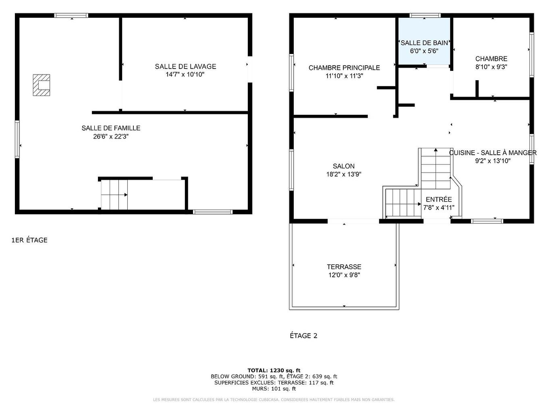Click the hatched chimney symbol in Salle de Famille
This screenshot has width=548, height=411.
pos(42,85)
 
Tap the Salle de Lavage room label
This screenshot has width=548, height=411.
pos(185,66)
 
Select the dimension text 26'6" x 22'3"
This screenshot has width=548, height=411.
pos(111,137)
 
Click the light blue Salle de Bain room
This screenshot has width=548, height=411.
pos(424,40)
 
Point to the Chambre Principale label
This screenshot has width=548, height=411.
pos(344,68)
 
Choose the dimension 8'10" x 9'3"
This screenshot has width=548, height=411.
pos(491,67)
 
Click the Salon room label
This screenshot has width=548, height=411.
pos(344,166)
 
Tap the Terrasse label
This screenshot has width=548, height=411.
pos(344,267)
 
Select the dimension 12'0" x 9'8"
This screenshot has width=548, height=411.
pos(344,275)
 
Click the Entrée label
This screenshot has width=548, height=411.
pos(439,199)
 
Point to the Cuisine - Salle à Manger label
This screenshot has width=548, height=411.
pos(493,153)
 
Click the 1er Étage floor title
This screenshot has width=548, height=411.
pos(29,240)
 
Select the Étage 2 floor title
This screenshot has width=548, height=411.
pos(303,336)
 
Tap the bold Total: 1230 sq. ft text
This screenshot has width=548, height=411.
pos(274,370)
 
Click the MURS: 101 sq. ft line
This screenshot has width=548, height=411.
pos(274,389)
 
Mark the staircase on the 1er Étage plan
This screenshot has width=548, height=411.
pos(114,195)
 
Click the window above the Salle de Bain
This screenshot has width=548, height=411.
pos(425,15)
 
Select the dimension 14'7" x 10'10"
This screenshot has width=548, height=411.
pos(185,75)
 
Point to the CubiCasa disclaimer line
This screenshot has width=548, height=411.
pos(274,400)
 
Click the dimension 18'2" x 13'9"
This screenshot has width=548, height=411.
pos(344,174)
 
